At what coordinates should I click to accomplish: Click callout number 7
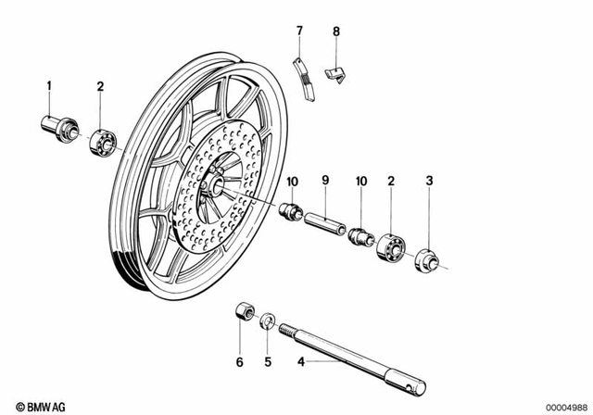click(x=299, y=31)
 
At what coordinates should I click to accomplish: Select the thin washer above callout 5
click(x=266, y=321)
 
